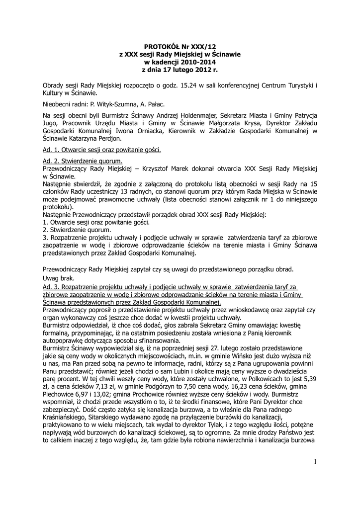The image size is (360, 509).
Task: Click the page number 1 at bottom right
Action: click(315, 464)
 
